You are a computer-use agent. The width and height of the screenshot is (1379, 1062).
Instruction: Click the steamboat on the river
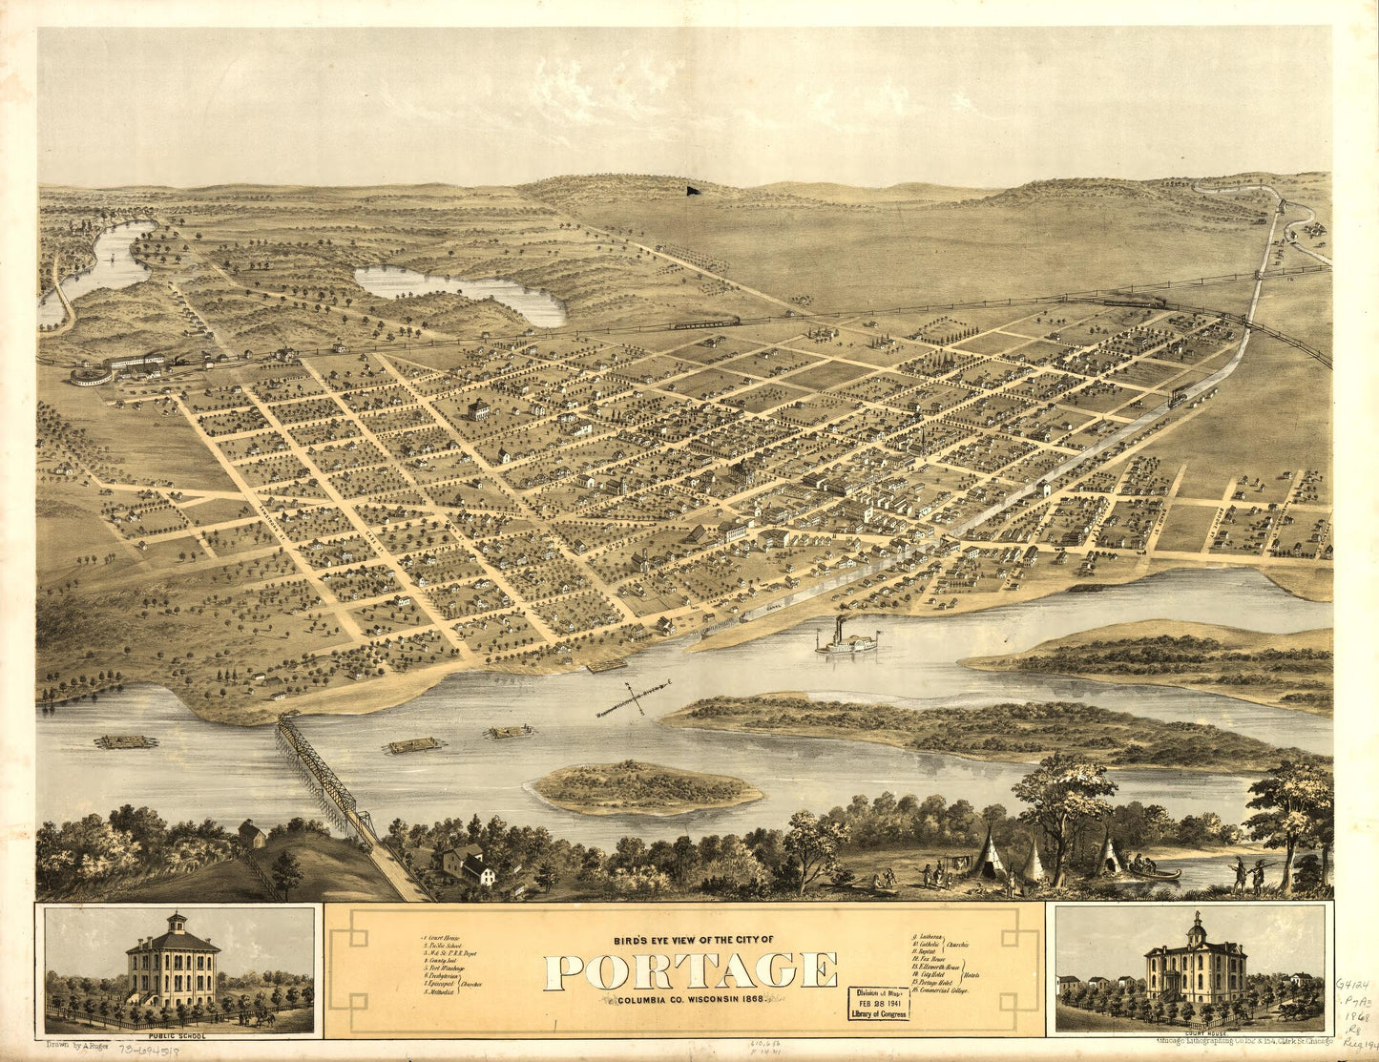pyautogui.click(x=846, y=641)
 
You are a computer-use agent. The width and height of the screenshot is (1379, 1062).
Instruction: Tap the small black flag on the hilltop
pyautogui.click(x=690, y=190)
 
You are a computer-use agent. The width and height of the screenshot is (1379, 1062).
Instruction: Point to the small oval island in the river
pyautogui.click(x=646, y=787)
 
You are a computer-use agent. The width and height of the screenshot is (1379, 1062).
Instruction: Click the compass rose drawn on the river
pyautogui.click(x=634, y=698)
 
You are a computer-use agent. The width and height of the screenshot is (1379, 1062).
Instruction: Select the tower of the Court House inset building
pyautogui.click(x=1197, y=929)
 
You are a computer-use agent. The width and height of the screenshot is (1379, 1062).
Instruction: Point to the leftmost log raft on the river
pyautogui.click(x=126, y=741)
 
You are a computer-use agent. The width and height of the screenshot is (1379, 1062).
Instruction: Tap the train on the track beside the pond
pyautogui.click(x=706, y=323)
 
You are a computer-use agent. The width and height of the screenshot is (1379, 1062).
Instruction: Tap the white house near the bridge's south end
pyautogui.click(x=482, y=871)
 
